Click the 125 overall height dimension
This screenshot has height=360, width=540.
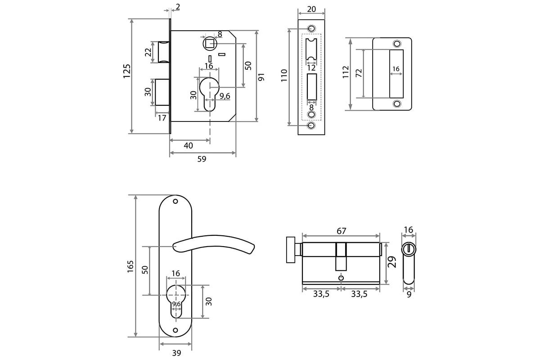pyautogui.click(x=127, y=71)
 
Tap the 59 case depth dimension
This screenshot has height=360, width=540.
pyautogui.click(x=202, y=159)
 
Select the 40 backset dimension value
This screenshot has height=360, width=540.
pyautogui.click(x=188, y=146)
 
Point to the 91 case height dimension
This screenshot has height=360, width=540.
pyautogui.click(x=261, y=77)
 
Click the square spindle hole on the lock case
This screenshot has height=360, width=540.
pyautogui.click(x=210, y=44)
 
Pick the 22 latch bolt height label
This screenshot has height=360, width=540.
pyautogui.click(x=148, y=52)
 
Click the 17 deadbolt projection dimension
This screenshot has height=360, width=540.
pyautogui.click(x=162, y=118)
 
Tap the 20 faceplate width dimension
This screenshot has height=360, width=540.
pyautogui.click(x=311, y=9)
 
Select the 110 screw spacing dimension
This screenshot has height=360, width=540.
pyautogui.click(x=284, y=75)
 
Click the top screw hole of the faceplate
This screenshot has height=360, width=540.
pyautogui.click(x=311, y=28)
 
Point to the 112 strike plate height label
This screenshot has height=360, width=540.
pyautogui.click(x=346, y=72)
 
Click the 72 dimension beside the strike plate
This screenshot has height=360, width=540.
pyautogui.click(x=359, y=73)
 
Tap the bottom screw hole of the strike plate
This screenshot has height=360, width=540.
pyautogui.click(x=397, y=103)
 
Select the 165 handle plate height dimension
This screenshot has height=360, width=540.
pyautogui.click(x=130, y=266)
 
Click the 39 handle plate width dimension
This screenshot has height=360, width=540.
pyautogui.click(x=176, y=353)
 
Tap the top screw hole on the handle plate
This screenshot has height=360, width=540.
pyautogui.click(x=175, y=201)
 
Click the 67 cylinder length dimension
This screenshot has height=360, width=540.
pyautogui.click(x=342, y=231)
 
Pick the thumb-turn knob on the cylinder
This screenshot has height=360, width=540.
pyautogui.click(x=291, y=250)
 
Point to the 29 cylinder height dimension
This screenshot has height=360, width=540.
pyautogui.click(x=392, y=262)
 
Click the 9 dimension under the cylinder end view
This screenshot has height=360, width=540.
pyautogui.click(x=409, y=295)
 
